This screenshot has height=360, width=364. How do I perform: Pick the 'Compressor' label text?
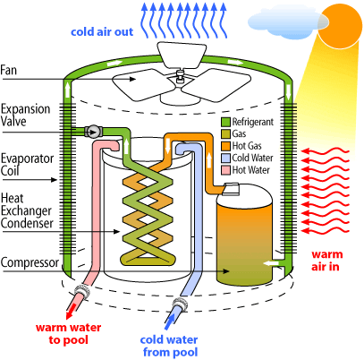click(30, 262)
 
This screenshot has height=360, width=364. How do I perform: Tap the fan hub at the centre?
click(180, 77)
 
